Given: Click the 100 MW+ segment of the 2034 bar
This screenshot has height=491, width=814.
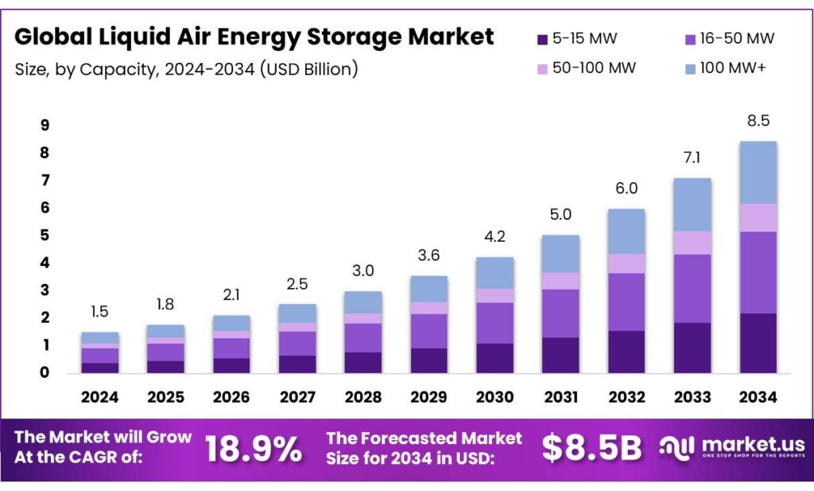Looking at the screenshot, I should tap(758, 172).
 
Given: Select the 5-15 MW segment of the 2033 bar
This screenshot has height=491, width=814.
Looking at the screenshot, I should tap(692, 348).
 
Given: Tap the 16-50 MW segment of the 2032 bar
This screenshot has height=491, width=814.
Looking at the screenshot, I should tap(626, 302).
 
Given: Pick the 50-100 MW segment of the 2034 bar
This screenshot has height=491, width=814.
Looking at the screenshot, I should tap(758, 217).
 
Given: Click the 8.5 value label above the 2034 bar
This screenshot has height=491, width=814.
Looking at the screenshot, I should tap(758, 121).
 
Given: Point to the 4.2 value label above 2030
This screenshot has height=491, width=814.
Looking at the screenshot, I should tap(494, 236).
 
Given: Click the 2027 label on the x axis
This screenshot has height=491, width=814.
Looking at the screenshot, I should tap(297, 396).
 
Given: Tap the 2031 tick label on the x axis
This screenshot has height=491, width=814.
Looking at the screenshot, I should tap(560, 396).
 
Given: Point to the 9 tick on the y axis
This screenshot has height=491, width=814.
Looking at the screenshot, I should tap(45, 125).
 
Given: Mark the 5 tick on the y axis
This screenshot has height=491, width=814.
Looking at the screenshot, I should tap(45, 236).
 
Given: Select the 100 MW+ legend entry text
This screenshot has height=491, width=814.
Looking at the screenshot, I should tap(733, 68).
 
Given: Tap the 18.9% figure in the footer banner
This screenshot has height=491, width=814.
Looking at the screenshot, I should tap(254, 450).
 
